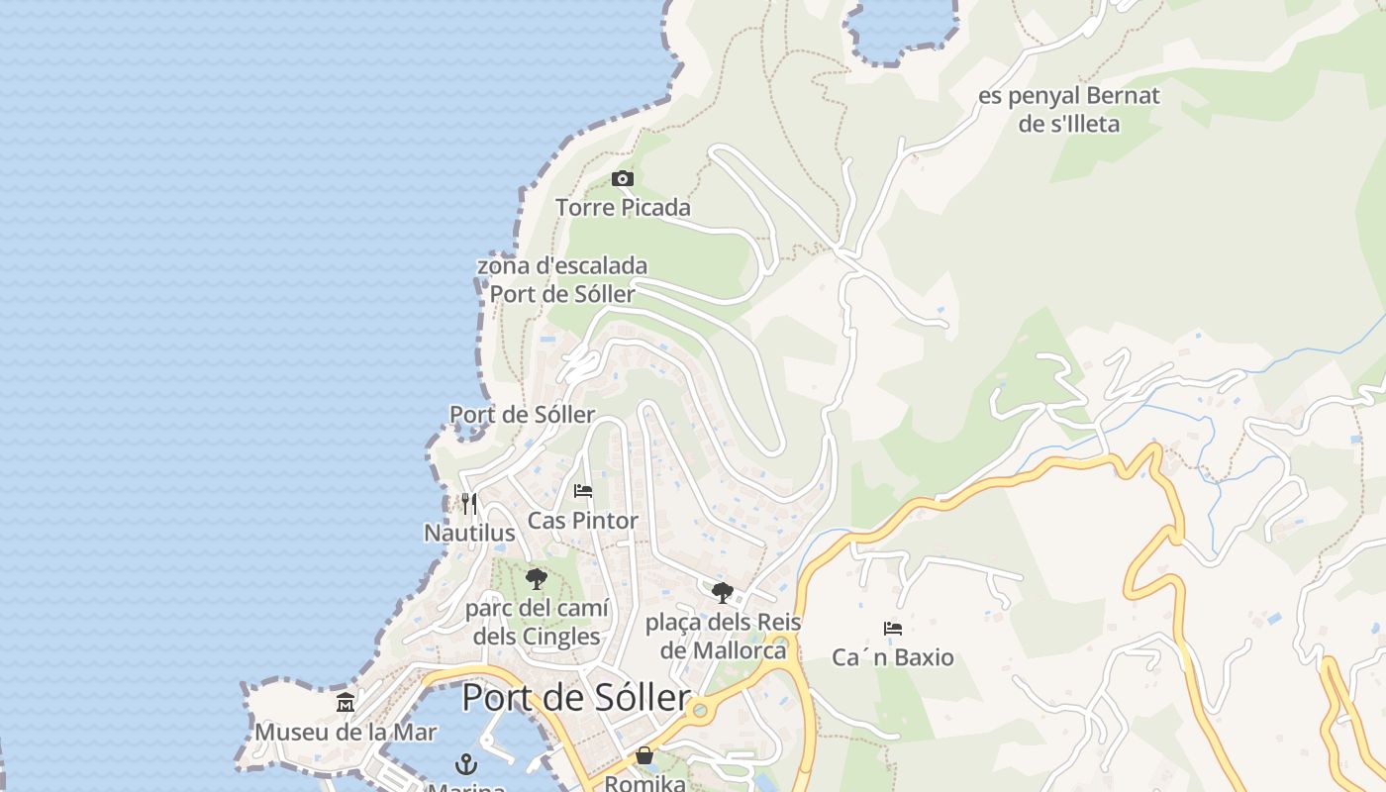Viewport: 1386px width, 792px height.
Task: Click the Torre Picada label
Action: (623, 208)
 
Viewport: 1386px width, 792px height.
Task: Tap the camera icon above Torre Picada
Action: (623, 179)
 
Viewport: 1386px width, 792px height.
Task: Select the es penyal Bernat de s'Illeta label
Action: (1068, 110)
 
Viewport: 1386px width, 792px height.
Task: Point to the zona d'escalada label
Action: (562, 266)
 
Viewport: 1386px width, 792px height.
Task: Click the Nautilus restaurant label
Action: (469, 533)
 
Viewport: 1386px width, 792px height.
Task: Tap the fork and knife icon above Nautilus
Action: (469, 504)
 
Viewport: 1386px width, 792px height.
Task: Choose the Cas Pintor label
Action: (582, 520)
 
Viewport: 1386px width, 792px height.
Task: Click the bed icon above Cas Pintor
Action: (583, 491)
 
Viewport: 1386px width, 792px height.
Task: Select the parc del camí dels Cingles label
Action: (537, 622)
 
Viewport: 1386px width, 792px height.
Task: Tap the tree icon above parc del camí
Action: (537, 579)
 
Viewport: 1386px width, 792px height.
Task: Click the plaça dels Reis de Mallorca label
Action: (723, 636)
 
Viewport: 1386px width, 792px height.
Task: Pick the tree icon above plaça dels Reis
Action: (723, 593)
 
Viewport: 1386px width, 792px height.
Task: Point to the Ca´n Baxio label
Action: (893, 657)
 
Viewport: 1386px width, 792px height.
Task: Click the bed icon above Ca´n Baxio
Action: (893, 629)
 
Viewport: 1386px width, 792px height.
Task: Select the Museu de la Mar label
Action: (346, 732)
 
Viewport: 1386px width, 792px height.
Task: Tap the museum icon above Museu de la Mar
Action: (346, 703)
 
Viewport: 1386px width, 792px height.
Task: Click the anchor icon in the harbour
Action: (466, 764)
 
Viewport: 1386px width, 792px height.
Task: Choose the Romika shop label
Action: (644, 783)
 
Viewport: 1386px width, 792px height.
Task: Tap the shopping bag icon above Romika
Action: (644, 756)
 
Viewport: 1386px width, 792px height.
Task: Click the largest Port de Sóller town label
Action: (576, 698)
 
